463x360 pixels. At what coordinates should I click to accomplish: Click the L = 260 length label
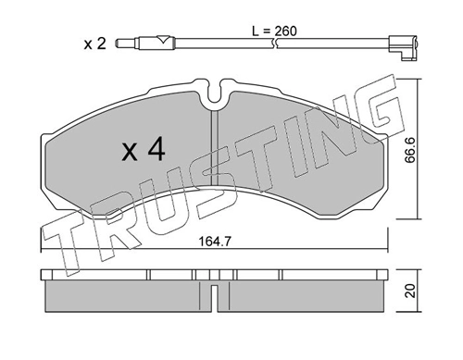pyautogui.click(x=274, y=31)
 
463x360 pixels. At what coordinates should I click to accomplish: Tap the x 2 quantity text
pyautogui.click(x=95, y=43)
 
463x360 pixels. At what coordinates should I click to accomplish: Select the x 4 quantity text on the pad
pyautogui.click(x=144, y=151)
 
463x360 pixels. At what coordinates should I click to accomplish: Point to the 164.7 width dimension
pyautogui.click(x=215, y=242)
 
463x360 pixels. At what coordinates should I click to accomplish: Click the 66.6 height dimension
pyautogui.click(x=410, y=150)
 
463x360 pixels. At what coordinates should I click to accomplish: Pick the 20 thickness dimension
pyautogui.click(x=410, y=291)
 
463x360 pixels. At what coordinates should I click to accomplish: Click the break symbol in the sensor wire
pyautogui.click(x=274, y=43)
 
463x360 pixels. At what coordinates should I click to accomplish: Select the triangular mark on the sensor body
pyautogui.click(x=162, y=40)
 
